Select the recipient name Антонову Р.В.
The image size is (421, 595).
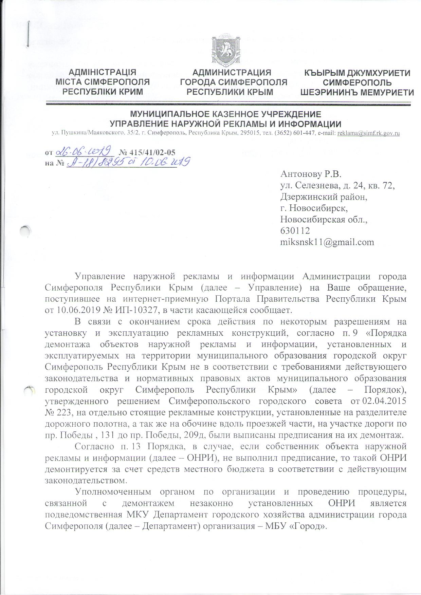coord(310,174)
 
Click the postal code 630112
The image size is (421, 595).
coord(295,231)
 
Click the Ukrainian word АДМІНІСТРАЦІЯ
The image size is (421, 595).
coord(103,72)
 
